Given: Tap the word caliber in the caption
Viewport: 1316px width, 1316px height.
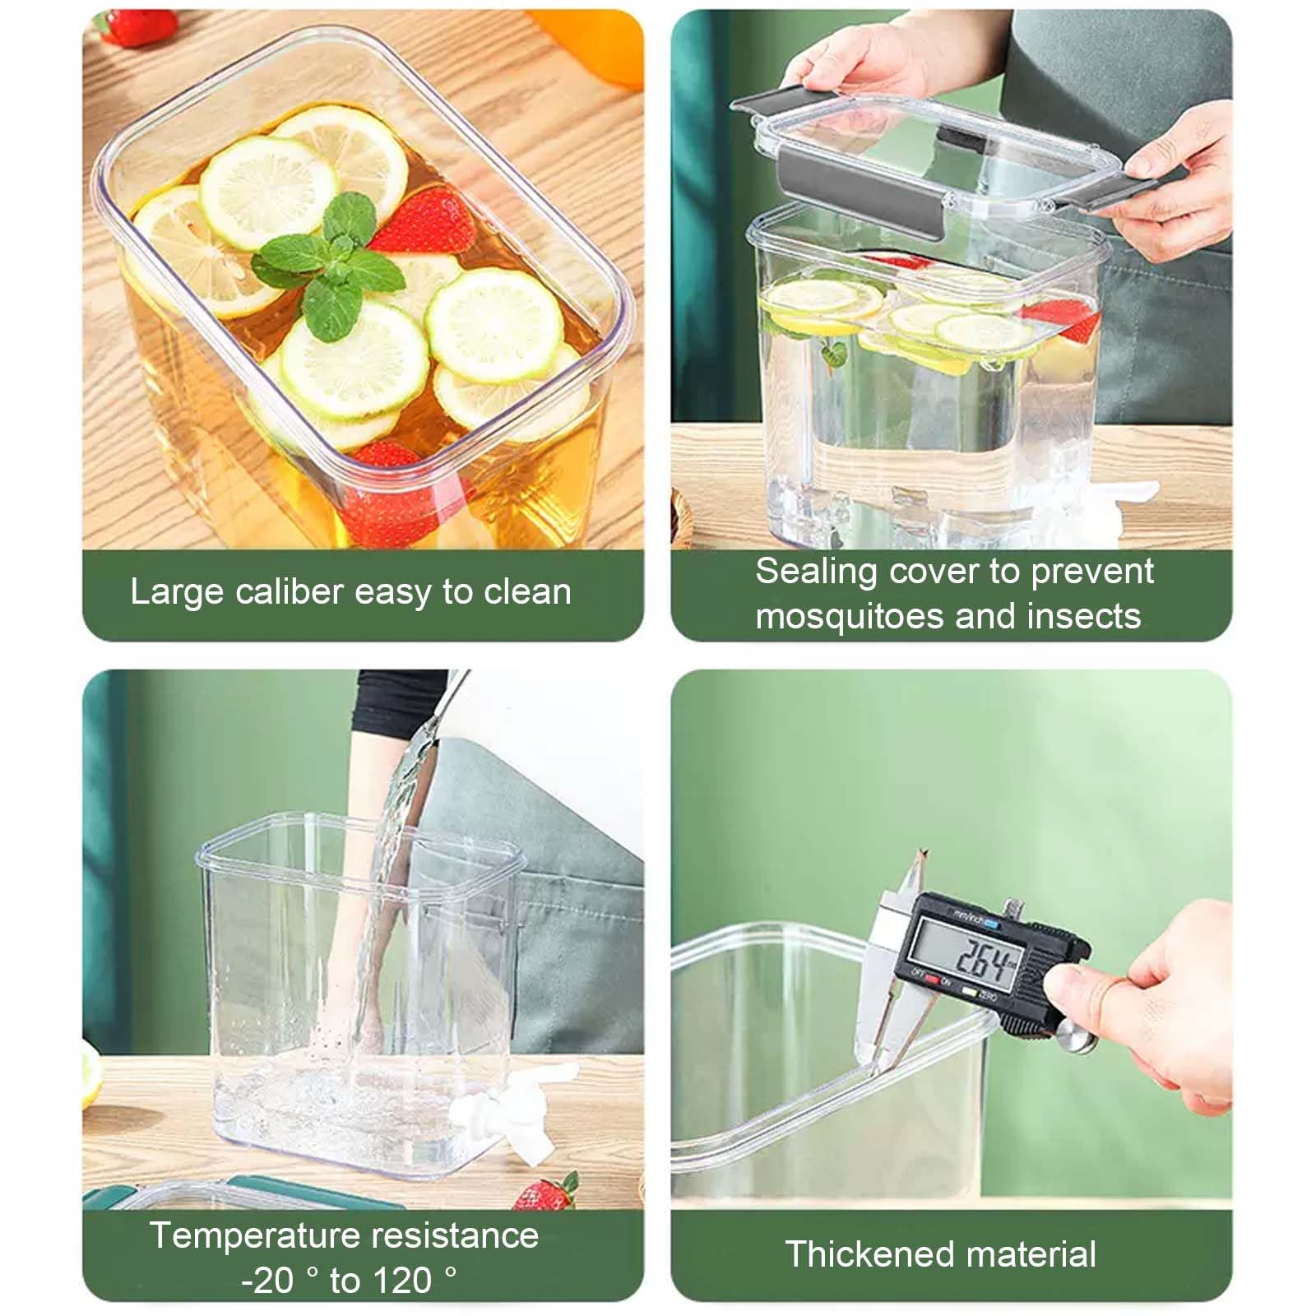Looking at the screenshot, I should tap(288, 592).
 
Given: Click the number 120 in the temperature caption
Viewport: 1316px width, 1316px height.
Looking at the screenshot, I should tap(402, 1281).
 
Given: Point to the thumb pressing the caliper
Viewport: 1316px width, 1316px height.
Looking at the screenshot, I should tap(1077, 983).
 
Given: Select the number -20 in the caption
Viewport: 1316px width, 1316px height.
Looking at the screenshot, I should tap(267, 1281).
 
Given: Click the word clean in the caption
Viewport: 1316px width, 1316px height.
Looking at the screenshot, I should tap(527, 592).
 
